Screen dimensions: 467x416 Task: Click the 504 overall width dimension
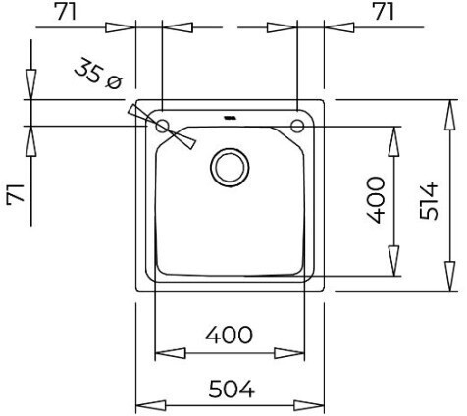(x=232, y=389)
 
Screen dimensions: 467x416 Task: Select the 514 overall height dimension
(x=429, y=201)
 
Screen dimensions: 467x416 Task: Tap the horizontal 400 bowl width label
(x=229, y=335)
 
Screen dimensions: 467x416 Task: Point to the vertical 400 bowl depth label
(x=376, y=200)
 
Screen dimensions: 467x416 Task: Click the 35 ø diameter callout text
(x=98, y=75)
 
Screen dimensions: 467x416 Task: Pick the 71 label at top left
(x=67, y=13)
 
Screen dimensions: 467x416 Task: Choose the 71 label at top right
(x=385, y=13)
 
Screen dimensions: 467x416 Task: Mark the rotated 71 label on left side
(x=16, y=194)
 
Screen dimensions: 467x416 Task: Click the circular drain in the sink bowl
(x=230, y=168)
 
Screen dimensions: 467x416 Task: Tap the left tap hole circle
(x=162, y=126)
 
